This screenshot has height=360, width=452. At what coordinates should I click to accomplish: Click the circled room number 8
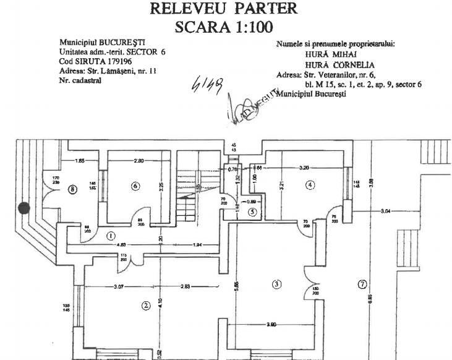click(73, 190)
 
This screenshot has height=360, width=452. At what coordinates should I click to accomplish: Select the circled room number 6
click(135, 186)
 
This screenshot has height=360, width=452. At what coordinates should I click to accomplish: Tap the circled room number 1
click(111, 235)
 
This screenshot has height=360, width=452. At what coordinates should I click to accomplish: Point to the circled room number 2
click(146, 304)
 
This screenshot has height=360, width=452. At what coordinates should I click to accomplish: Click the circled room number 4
click(310, 184)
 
